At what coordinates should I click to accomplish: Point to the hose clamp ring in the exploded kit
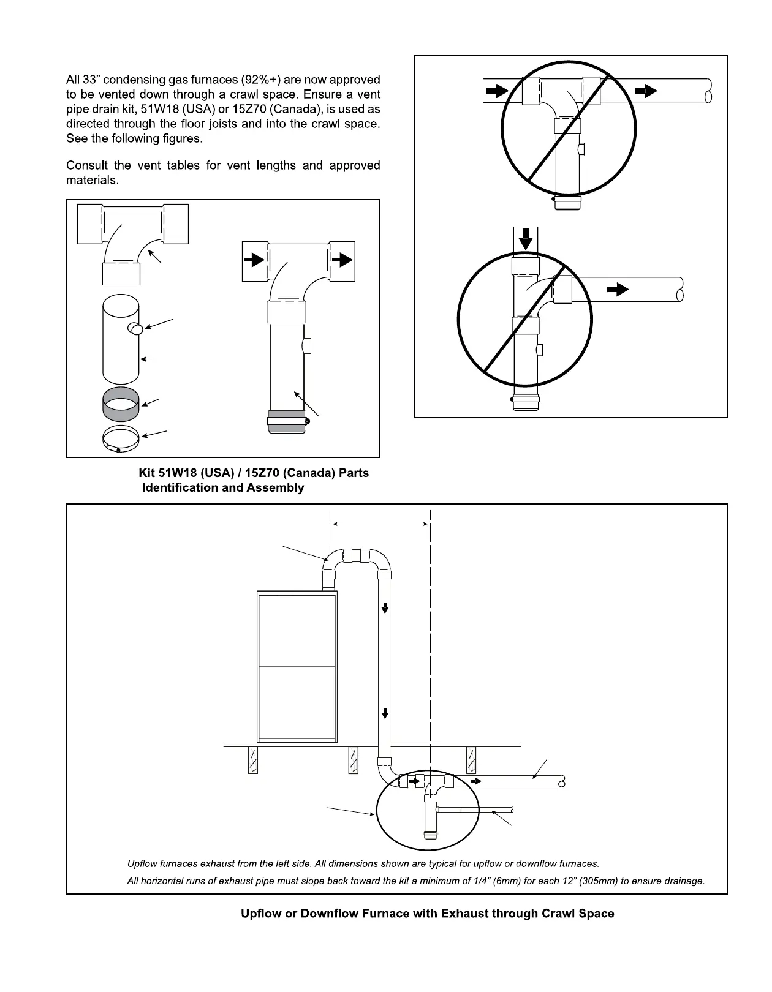(x=120, y=438)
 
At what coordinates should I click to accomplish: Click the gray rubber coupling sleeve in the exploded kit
(x=120, y=402)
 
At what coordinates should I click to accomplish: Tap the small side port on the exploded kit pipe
(x=135, y=329)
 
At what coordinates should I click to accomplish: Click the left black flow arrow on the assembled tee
(x=252, y=260)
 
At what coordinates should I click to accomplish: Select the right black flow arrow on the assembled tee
(x=344, y=260)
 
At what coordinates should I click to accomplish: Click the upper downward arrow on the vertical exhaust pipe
(x=385, y=607)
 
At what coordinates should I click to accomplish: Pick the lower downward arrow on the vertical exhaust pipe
(x=385, y=713)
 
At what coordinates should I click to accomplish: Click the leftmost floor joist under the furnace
(x=252, y=760)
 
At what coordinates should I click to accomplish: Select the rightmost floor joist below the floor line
(x=471, y=760)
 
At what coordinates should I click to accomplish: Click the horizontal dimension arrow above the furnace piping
(x=380, y=524)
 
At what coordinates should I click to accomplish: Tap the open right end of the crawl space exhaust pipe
(x=561, y=781)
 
